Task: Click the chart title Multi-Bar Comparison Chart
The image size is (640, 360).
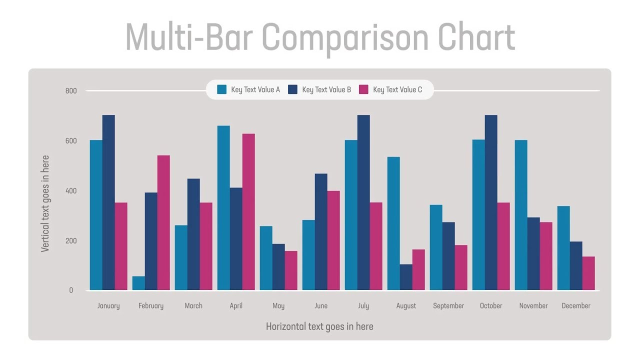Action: coord(320,38)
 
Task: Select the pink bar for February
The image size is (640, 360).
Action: coord(163,222)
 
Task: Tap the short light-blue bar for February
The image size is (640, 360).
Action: coord(138,283)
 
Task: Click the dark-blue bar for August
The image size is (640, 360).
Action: coord(406,277)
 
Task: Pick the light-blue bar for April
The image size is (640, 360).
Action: coord(223,207)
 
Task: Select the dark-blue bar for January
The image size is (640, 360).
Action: coord(108,202)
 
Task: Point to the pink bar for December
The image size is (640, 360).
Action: coord(588,273)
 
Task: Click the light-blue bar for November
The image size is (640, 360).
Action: coord(521,215)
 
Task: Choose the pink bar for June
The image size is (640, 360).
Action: coord(333,240)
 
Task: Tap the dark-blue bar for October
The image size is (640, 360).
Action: coord(491,202)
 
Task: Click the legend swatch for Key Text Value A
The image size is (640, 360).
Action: coord(221,90)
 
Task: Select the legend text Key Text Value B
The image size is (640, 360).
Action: coord(326,90)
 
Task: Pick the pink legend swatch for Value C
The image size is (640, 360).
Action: coord(363,90)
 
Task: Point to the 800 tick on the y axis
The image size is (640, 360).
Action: coord(71,91)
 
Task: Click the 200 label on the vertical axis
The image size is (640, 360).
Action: coord(71,240)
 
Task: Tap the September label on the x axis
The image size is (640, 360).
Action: coord(448,306)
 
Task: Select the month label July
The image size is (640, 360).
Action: coord(363,306)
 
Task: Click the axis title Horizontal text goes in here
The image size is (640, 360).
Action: coord(319,326)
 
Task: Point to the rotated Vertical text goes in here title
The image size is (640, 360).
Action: coord(45,203)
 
